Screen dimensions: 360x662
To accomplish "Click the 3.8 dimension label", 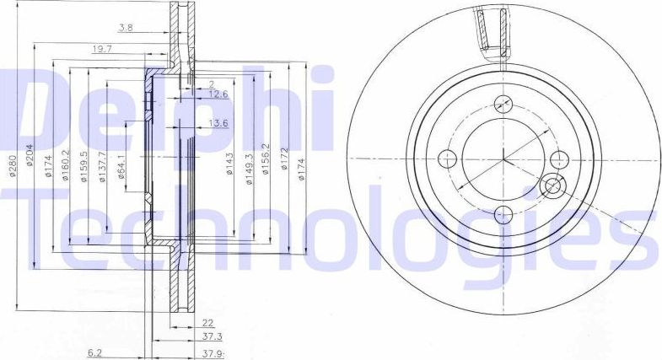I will pyautogui.click(x=126, y=27).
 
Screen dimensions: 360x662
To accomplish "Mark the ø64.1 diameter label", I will pyautogui.click(x=122, y=163).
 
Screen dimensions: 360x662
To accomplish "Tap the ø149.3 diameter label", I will pyautogui.click(x=249, y=163).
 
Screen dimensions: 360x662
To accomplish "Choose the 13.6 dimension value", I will pyautogui.click(x=218, y=124).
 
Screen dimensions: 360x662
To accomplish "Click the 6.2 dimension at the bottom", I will pyautogui.click(x=97, y=354).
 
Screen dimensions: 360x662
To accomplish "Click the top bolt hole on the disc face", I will pyautogui.click(x=503, y=105).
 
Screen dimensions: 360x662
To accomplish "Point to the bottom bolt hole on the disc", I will pyautogui.click(x=503, y=212).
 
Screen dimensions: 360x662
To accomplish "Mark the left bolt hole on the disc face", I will pyautogui.click(x=449, y=159).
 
